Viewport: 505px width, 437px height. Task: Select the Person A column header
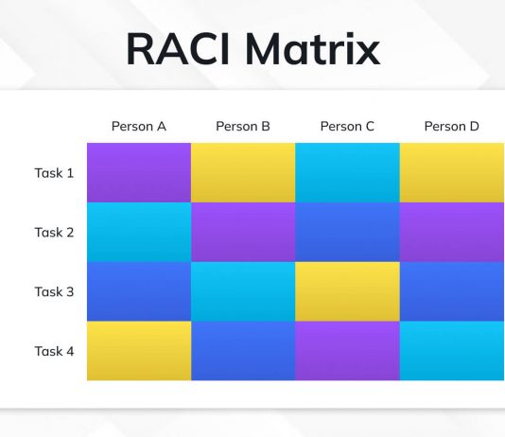(x=139, y=126)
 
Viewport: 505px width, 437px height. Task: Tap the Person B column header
(x=243, y=126)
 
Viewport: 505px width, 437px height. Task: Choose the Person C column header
(x=347, y=126)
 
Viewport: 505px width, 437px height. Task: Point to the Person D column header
(x=451, y=126)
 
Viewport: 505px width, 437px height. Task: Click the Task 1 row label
(x=54, y=173)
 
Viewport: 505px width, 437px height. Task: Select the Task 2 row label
(x=54, y=233)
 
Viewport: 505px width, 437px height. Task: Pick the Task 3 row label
(x=54, y=291)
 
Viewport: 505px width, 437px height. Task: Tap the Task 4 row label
(x=54, y=351)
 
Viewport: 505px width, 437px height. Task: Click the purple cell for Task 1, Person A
(x=139, y=172)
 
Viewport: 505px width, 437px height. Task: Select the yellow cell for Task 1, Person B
(x=243, y=172)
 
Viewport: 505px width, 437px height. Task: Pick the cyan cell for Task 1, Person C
(x=347, y=172)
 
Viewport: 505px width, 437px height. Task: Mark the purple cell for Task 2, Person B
(x=243, y=232)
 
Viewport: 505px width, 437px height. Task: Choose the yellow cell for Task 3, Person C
(x=347, y=291)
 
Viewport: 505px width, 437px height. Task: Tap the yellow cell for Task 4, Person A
(x=139, y=351)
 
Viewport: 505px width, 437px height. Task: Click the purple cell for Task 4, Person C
(x=347, y=351)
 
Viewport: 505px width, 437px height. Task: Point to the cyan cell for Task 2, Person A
(x=139, y=232)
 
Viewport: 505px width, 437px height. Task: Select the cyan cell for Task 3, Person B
(x=243, y=291)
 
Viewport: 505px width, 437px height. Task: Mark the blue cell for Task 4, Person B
(x=243, y=351)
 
